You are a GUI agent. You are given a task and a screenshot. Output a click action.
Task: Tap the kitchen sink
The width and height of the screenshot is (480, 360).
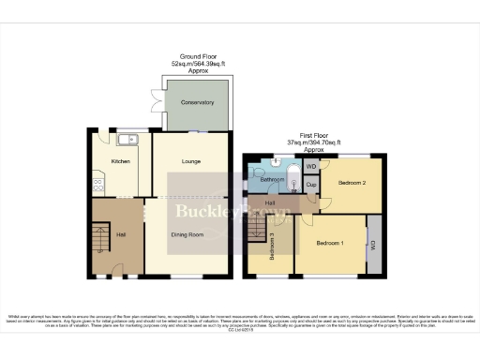pos(128,141)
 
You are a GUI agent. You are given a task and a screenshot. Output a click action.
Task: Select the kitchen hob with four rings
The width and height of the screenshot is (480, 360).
pos(97,184)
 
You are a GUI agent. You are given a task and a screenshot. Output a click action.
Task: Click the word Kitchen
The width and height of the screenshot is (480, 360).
pos(121,162)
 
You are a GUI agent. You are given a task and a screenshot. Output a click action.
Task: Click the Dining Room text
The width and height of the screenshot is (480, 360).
pos(187,234)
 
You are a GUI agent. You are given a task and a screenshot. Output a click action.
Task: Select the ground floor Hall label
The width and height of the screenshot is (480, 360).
pos(121,234)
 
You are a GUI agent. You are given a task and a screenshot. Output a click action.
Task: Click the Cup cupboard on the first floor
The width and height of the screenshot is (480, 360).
pos(311,185)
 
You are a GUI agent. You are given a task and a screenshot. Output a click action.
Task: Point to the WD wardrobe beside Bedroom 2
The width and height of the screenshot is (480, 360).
pos(311,167)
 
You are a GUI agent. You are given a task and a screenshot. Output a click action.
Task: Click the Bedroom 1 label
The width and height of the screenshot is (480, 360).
pos(329,243)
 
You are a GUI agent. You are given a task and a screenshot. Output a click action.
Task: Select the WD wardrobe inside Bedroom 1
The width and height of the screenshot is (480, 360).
pos(373,245)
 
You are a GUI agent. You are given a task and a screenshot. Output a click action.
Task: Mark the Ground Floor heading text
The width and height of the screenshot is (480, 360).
pos(197,56)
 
